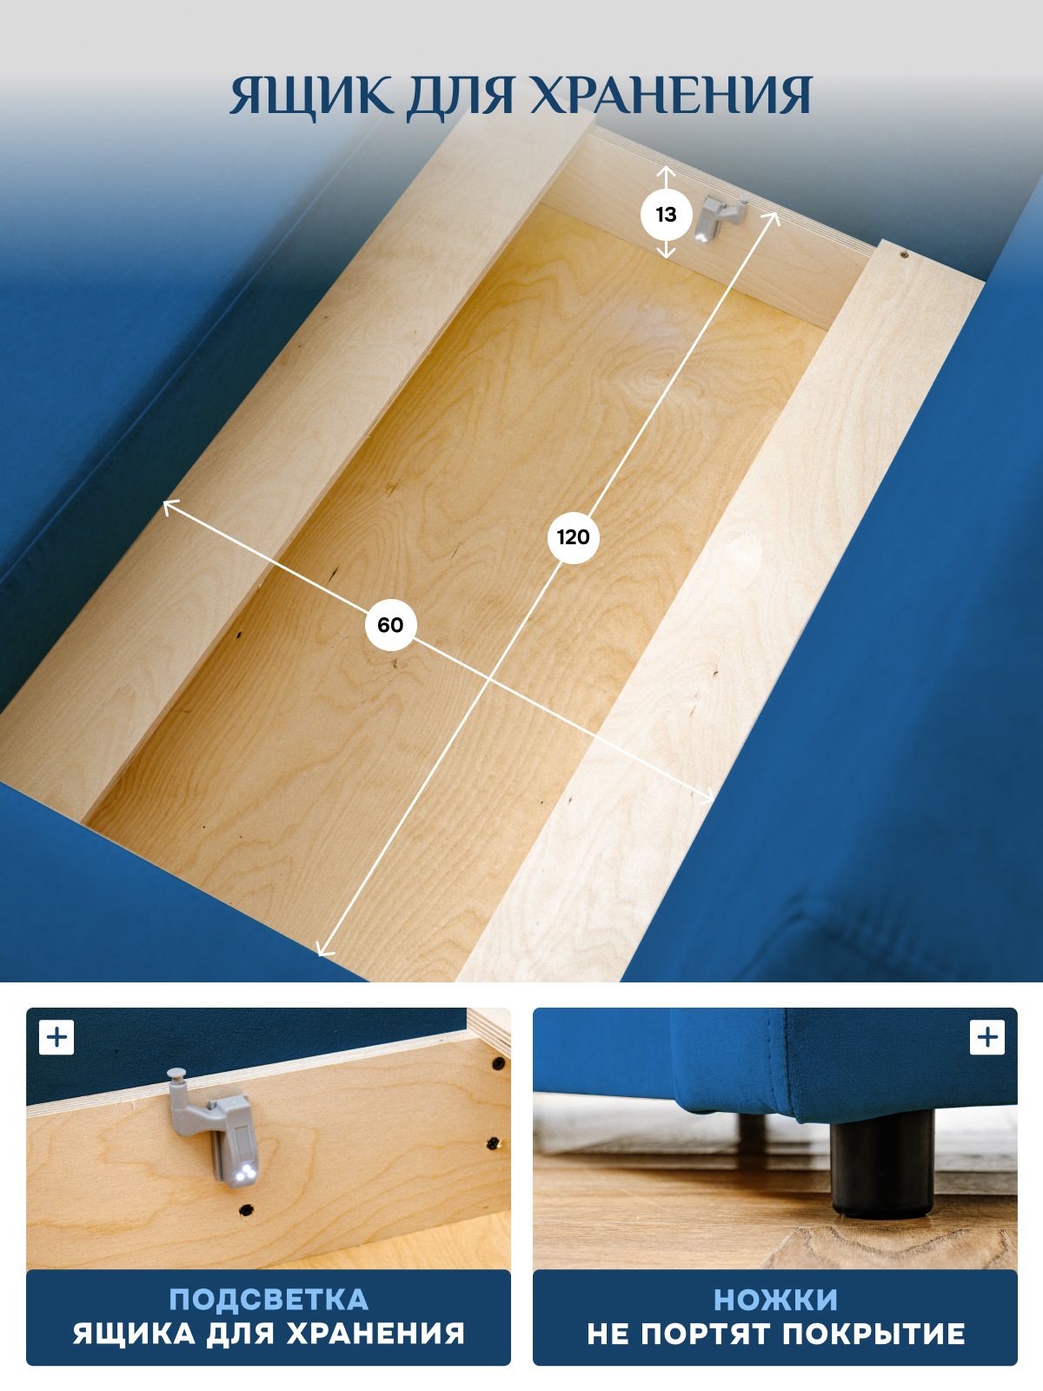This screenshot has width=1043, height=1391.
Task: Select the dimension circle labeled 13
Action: (666, 215)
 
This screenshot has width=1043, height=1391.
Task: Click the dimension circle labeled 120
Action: (573, 537)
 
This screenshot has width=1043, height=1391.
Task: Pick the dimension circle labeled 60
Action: (390, 625)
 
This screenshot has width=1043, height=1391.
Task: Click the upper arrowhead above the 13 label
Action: (666, 171)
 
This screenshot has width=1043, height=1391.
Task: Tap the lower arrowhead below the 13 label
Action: (666, 253)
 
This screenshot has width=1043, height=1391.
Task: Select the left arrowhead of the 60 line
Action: (169, 505)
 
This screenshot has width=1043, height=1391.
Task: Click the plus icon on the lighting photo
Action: (56, 1037)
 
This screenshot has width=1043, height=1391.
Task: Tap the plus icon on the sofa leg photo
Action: (987, 1037)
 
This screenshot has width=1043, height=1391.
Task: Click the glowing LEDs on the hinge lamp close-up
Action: (245, 1172)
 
